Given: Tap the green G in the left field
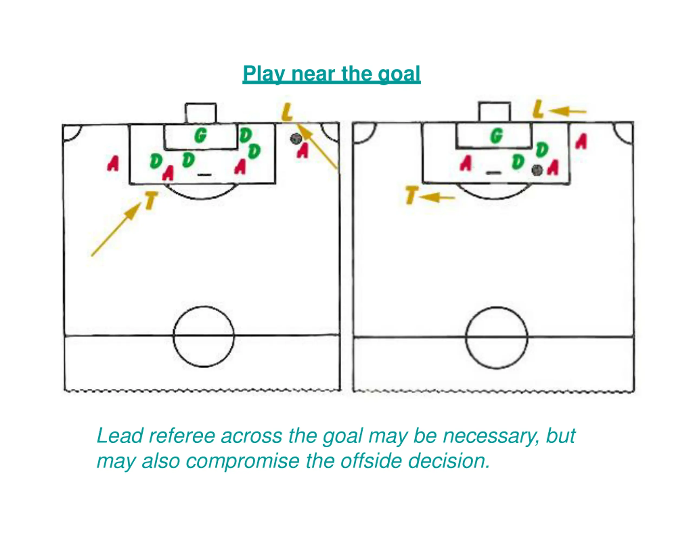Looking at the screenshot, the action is pyautogui.click(x=201, y=136).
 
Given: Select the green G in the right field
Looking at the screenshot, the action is pyautogui.click(x=496, y=136).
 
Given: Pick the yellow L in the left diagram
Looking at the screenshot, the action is pyautogui.click(x=287, y=112).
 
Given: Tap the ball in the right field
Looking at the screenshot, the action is pyautogui.click(x=537, y=171).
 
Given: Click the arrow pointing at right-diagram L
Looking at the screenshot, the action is pyautogui.click(x=567, y=111).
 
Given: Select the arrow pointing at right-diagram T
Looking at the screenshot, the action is pyautogui.click(x=437, y=197).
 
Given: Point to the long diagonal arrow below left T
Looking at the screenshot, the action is pyautogui.click(x=116, y=229).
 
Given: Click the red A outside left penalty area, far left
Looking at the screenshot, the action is pyautogui.click(x=113, y=163).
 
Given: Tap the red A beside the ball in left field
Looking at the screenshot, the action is pyautogui.click(x=303, y=150).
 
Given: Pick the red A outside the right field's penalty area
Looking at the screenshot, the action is pyautogui.click(x=581, y=141).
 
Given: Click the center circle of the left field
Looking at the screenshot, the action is pyautogui.click(x=204, y=336).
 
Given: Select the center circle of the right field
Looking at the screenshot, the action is pyautogui.click(x=496, y=338).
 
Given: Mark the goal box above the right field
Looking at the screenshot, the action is pyautogui.click(x=494, y=112).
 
